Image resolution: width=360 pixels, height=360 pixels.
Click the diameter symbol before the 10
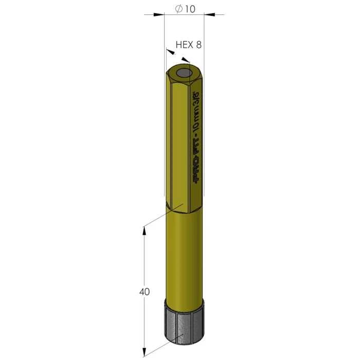(178, 9)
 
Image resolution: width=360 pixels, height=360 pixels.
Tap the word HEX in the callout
(184, 45)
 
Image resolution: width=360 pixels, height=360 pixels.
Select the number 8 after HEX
(198, 45)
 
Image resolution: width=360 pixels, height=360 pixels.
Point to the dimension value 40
(145, 292)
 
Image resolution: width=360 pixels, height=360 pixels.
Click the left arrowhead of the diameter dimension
(161, 15)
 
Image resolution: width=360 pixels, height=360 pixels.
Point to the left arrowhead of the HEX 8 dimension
(168, 50)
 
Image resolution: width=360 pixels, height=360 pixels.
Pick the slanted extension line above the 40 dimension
(157, 219)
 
